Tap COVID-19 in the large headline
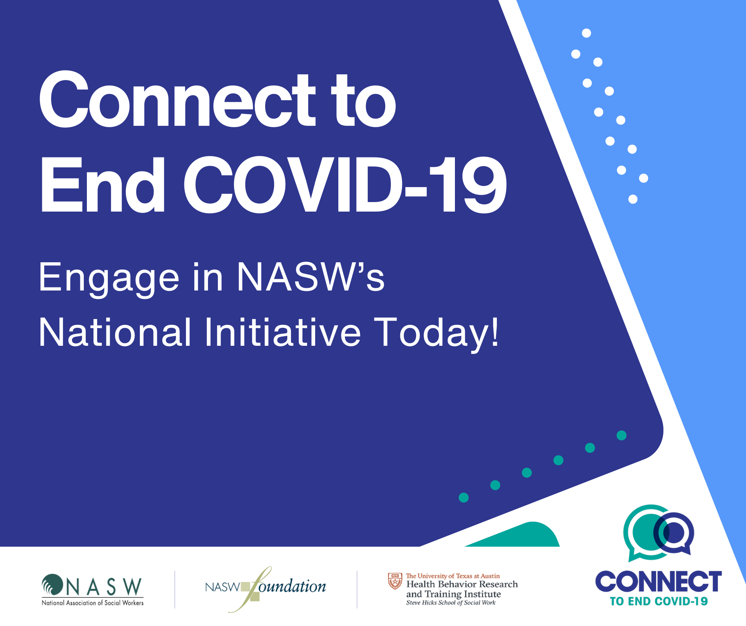[x=345, y=185]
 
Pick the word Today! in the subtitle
[x=436, y=334]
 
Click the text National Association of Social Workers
[x=93, y=603]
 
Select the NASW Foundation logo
[x=266, y=589]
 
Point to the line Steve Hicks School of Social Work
[x=451, y=603]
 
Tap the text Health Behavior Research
[x=462, y=584]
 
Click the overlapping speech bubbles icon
[x=658, y=533]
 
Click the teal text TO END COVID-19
[x=659, y=602]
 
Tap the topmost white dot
[x=586, y=33]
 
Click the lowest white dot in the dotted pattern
[x=633, y=199]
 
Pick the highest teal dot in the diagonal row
[x=621, y=435]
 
